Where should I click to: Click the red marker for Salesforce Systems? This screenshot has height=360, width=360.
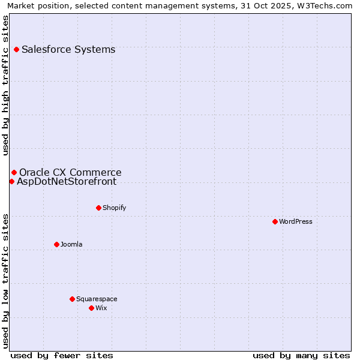(16, 49)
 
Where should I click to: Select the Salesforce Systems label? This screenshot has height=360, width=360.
(68, 49)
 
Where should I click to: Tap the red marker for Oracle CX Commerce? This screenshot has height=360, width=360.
(14, 173)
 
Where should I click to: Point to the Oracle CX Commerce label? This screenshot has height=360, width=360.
(70, 173)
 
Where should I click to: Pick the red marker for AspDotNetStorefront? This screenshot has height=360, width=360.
(11, 181)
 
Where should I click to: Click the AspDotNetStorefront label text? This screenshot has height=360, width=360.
(67, 181)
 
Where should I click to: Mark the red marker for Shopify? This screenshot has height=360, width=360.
(98, 208)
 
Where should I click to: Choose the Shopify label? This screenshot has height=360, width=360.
(114, 208)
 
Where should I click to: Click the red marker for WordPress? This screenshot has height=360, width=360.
(275, 221)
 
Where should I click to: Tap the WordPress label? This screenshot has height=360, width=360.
(296, 221)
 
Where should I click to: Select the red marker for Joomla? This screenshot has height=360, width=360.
(56, 244)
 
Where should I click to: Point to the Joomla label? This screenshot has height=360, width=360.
(71, 244)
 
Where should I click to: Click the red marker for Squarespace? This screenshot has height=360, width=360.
(72, 299)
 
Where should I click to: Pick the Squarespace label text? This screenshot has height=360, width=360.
(97, 299)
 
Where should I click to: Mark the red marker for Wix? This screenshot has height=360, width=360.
(91, 308)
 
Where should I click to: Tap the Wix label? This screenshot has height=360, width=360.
(101, 308)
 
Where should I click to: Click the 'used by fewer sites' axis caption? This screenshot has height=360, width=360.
(62, 355)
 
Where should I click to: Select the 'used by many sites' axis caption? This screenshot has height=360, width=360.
(301, 355)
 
